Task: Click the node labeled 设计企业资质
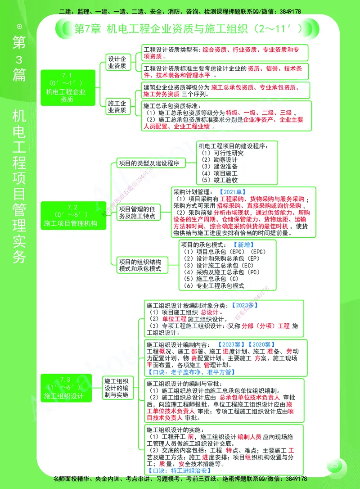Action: pos(117,63)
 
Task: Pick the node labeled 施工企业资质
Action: pos(117,107)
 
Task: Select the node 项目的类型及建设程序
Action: pos(148,163)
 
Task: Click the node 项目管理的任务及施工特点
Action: pos(139,213)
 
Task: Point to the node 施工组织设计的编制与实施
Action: pos(117,388)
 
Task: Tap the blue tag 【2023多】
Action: pos(245,305)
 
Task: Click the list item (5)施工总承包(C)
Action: pos(211,279)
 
